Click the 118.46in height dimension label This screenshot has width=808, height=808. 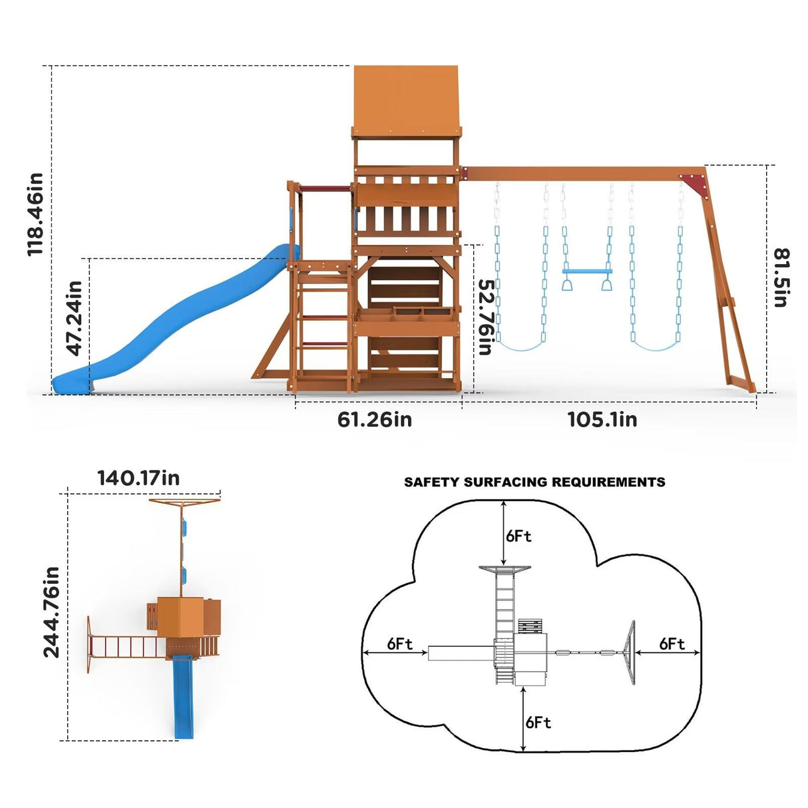pos(35,214)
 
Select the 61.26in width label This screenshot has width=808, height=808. pos(375,419)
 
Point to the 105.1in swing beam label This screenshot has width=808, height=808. pos(602,419)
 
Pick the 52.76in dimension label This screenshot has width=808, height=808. pos(487,316)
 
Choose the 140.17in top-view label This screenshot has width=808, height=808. pos(138,478)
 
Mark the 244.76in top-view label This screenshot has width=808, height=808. pos(51,612)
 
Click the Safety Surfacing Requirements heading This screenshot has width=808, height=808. pos(534,482)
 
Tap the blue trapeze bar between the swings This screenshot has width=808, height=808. pos(586,272)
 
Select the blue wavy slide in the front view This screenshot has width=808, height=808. pos(180,319)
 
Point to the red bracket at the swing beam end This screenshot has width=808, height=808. pos(694,183)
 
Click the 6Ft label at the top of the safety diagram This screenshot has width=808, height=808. pos(518,536)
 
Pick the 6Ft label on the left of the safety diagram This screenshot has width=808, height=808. pos(399,644)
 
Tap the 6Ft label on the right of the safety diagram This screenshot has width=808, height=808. pos(672,644)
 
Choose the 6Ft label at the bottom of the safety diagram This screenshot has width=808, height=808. pos(538,722)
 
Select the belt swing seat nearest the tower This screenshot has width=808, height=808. pos(521,347)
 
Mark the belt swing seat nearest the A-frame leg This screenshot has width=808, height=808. pos(656,347)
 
